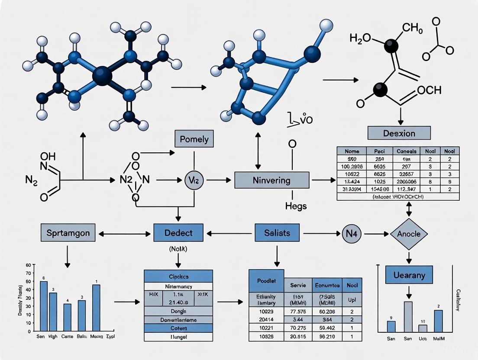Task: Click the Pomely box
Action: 194,139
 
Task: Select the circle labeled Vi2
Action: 194,180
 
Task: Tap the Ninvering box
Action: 271,180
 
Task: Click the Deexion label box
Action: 399,133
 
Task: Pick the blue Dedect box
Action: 178,233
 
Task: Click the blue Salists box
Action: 277,233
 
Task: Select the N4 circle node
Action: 352,234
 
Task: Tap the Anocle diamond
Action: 409,234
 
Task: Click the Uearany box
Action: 409,275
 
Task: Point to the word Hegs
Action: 296,206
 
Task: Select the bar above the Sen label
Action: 44,305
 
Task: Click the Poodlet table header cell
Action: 266,280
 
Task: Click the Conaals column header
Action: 406,151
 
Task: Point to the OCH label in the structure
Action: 429,90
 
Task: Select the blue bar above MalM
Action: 438,321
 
